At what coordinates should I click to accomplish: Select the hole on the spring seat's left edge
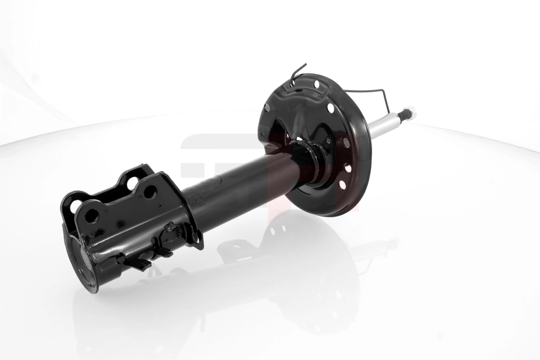tap(266, 108)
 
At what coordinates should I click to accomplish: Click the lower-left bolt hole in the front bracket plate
tap(91, 216)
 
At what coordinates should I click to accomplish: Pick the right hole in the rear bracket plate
tap(133, 183)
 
